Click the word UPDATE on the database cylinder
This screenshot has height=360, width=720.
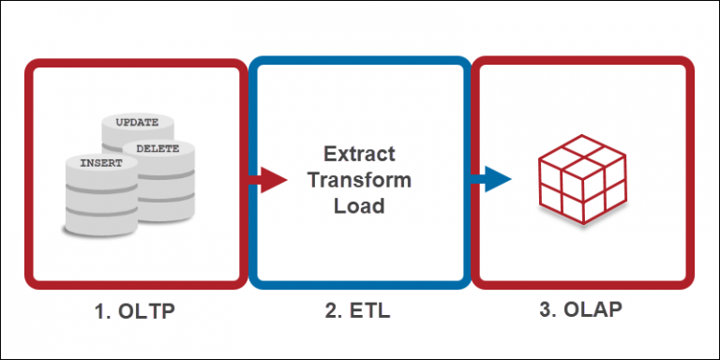tap(137, 123)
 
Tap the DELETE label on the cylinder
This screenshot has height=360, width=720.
tap(157, 148)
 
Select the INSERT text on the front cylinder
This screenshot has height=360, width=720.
tap(101, 163)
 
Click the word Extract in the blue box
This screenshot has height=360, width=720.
tap(359, 154)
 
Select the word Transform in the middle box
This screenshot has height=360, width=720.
tap(359, 179)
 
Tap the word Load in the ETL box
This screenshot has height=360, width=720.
tap(359, 205)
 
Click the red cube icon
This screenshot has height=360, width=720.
tap(581, 178)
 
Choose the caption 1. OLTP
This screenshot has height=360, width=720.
tap(134, 311)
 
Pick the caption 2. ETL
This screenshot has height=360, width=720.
tap(358, 311)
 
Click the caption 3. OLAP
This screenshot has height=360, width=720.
tap(581, 311)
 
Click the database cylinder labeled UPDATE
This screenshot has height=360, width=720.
tap(137, 131)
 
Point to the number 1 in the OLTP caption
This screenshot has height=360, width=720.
tap(97, 311)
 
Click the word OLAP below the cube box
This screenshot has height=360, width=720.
tap(594, 311)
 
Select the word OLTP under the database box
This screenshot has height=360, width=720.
tap(147, 311)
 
